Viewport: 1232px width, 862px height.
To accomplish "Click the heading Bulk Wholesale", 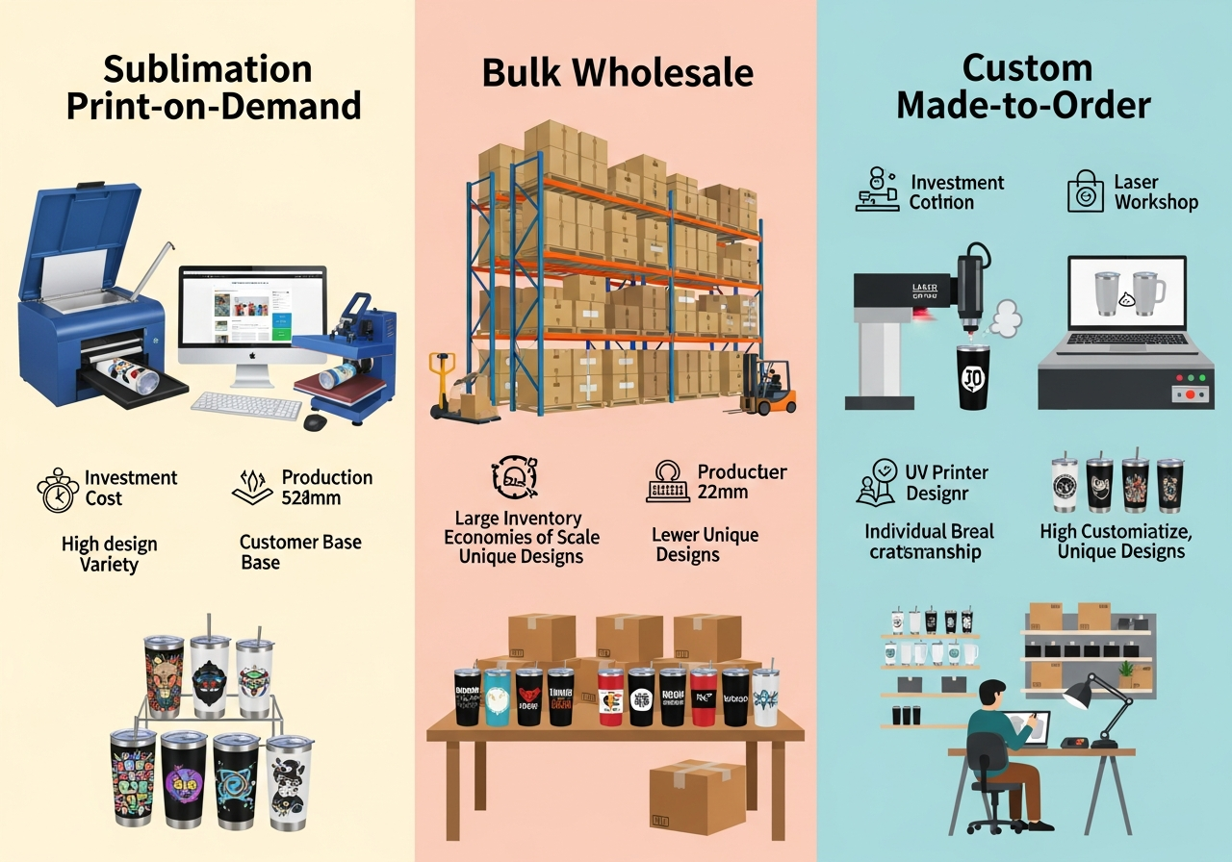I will [x=617, y=73].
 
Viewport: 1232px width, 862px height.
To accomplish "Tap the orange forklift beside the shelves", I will [x=769, y=387].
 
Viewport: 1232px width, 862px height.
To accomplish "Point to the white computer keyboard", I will [x=245, y=404].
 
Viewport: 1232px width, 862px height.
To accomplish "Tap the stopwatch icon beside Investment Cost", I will [x=57, y=490].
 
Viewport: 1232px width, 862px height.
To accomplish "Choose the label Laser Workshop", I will [x=1155, y=191].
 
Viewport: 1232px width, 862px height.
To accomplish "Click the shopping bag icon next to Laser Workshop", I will [x=1085, y=192].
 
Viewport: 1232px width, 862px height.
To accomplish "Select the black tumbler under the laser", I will [x=973, y=377].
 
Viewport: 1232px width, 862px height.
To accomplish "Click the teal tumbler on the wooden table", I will [x=497, y=697].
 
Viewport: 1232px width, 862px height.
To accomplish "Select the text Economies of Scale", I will [x=521, y=537].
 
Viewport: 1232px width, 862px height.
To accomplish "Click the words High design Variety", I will [x=110, y=554].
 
